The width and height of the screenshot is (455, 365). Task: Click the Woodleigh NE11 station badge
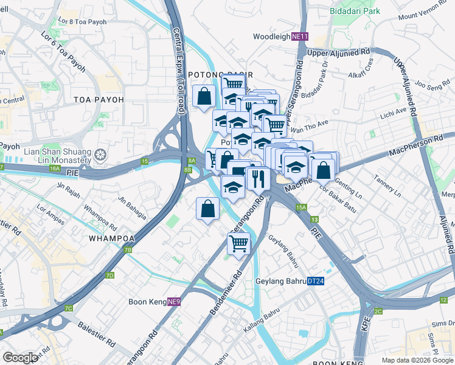tap(300, 36)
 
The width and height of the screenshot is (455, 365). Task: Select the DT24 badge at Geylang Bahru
tap(315, 281)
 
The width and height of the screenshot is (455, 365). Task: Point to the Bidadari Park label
tap(355, 11)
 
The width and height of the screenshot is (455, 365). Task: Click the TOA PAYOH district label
tap(99, 99)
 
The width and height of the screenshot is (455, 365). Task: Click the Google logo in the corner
tap(20, 357)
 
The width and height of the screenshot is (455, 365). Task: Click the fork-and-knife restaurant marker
tap(257, 178)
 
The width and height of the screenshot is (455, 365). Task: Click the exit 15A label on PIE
tap(302, 207)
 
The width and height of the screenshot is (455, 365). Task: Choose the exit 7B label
tap(128, 250)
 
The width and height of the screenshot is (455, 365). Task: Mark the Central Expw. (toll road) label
tap(179, 56)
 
